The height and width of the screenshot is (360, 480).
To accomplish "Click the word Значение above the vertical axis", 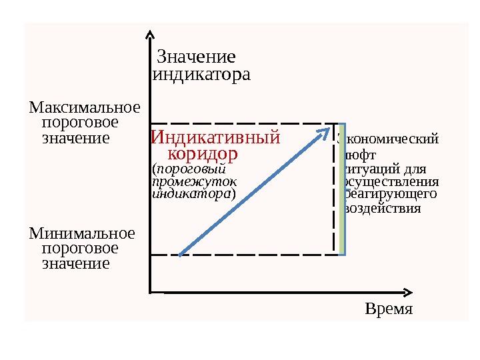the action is pyautogui.click(x=196, y=56).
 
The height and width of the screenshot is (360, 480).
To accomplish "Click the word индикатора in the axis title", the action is pyautogui.click(x=202, y=74).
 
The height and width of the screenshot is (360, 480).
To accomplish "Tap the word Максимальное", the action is pyautogui.click(x=85, y=107).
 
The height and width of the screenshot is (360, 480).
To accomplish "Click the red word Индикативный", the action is pyautogui.click(x=215, y=138).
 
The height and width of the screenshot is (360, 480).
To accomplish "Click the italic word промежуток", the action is pyautogui.click(x=194, y=181).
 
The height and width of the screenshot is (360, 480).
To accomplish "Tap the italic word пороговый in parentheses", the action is pyautogui.click(x=195, y=169).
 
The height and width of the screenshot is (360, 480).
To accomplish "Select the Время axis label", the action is pyautogui.click(x=389, y=310).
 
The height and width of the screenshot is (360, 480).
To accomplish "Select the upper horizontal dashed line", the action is pyautogui.click(x=240, y=123).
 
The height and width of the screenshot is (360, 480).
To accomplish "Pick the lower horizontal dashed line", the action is pyautogui.click(x=240, y=254).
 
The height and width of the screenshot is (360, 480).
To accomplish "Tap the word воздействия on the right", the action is pyautogui.click(x=383, y=208).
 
